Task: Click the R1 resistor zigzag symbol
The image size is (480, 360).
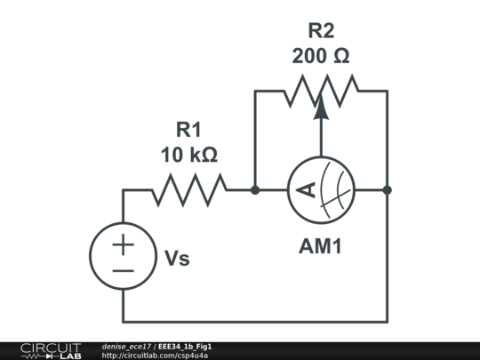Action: coord(188,189)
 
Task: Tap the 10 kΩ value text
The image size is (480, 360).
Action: coord(188,155)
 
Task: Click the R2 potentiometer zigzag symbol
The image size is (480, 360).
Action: coord(321,90)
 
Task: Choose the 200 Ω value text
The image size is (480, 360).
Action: coord(321,56)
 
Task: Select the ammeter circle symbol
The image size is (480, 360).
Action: coord(321,189)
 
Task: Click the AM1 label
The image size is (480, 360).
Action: coord(320,246)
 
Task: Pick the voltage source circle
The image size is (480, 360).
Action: coord(124,256)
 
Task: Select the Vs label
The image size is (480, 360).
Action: coord(177,259)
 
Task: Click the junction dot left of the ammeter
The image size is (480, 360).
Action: coord(255,189)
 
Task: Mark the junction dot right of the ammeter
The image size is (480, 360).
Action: coord(387,189)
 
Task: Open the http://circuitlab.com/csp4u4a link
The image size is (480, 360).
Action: coord(156,356)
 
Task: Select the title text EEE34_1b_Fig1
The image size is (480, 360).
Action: coord(185,346)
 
